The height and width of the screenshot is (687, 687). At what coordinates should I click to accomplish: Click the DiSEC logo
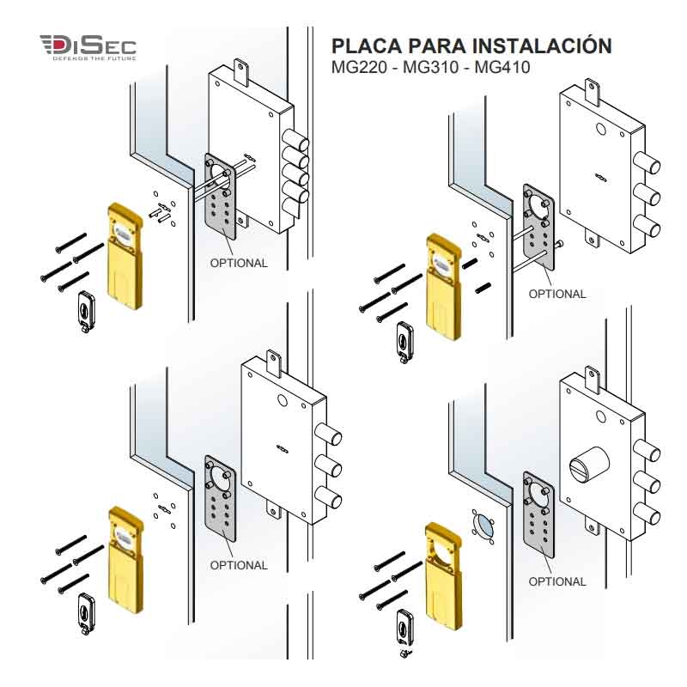[88, 46]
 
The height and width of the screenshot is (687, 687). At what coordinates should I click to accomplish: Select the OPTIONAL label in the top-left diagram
[239, 263]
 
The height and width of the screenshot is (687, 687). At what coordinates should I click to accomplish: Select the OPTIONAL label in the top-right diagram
[556, 294]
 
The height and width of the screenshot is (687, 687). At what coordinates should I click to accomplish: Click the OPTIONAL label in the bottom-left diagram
[239, 565]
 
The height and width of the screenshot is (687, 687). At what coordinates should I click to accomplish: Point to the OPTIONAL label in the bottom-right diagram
[556, 581]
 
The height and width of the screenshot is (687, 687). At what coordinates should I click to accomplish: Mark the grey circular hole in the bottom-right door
[482, 523]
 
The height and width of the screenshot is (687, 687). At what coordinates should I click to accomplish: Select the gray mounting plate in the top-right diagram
[538, 225]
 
